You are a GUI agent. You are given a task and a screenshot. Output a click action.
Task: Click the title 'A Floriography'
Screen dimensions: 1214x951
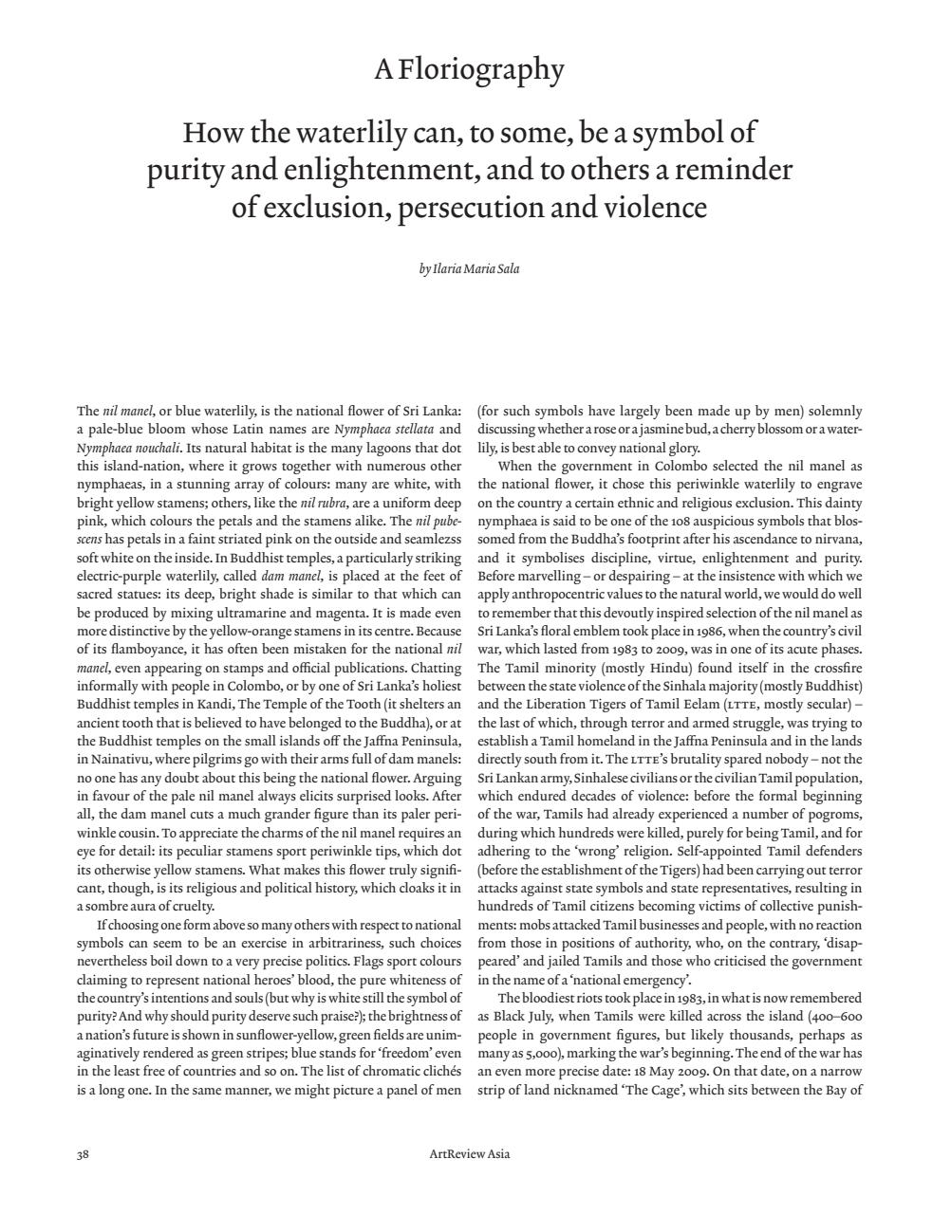(469, 69)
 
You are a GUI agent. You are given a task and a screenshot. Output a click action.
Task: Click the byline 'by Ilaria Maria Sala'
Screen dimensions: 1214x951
(469, 268)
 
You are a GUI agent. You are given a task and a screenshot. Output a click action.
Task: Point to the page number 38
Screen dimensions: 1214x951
(83, 1154)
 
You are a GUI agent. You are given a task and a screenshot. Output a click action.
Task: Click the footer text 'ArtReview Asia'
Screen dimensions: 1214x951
(469, 1154)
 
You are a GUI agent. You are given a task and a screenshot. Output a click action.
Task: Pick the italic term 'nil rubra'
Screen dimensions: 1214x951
(322, 503)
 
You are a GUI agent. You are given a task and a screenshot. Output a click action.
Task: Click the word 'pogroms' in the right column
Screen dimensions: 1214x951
(838, 815)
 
